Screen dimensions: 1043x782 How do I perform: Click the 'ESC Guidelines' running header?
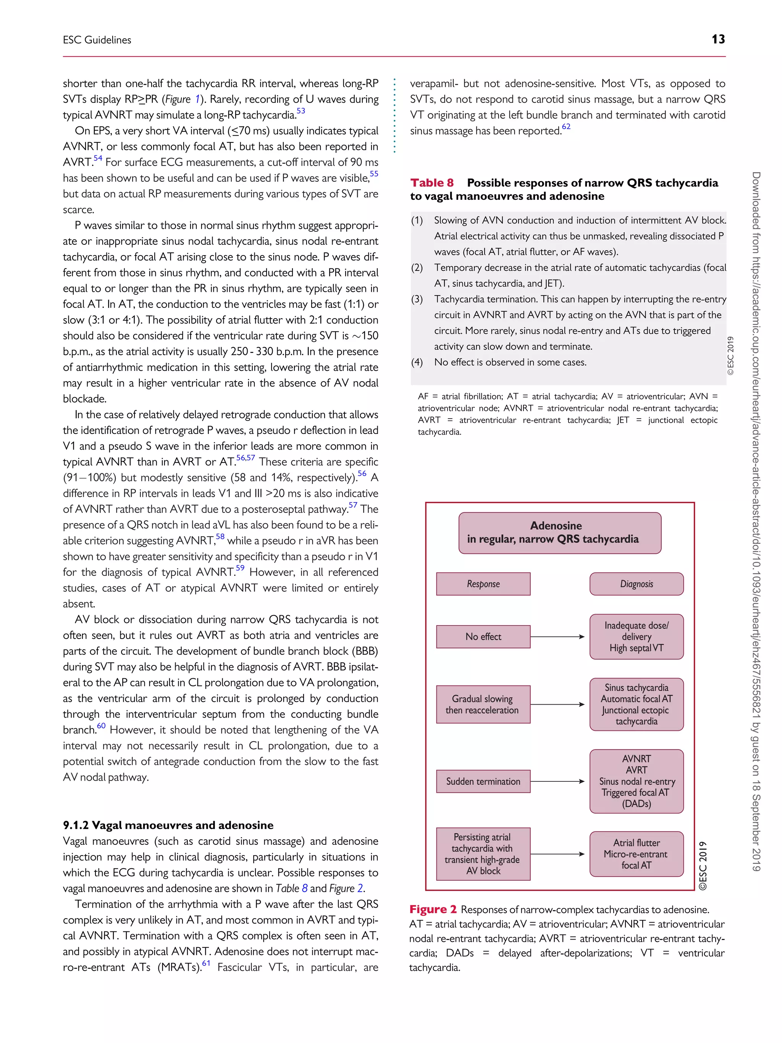[97, 40]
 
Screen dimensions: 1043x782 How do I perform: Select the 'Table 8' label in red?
[432, 183]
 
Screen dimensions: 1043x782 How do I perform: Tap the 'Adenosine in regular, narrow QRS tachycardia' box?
[559, 532]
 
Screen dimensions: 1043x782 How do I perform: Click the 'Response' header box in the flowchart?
[483, 584]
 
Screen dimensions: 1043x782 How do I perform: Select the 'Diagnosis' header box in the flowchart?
[637, 584]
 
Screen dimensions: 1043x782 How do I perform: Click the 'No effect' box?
[483, 637]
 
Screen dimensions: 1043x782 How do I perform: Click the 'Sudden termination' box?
[483, 781]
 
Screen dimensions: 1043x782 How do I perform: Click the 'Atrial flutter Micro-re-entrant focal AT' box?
[637, 854]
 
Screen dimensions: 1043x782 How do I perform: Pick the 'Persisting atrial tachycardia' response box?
[483, 854]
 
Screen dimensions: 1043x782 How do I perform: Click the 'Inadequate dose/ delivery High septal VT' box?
[637, 637]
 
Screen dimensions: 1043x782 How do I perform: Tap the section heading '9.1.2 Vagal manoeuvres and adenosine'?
[168, 825]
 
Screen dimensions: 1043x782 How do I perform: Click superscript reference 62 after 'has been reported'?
[566, 126]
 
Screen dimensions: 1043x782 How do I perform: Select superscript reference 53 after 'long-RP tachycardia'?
[301, 111]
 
